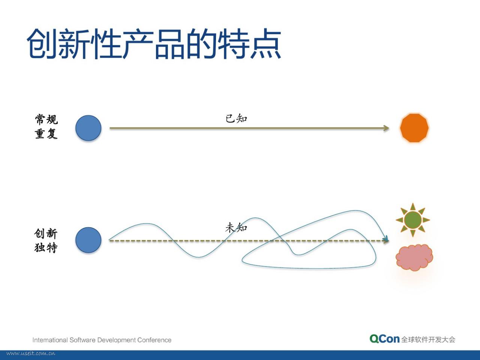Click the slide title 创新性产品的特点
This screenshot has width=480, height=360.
tap(154, 44)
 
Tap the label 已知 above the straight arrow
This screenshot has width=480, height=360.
tap(236, 118)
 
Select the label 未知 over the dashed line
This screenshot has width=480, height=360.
tap(236, 227)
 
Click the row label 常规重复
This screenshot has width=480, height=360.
tap(46, 126)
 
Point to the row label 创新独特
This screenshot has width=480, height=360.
tap(46, 240)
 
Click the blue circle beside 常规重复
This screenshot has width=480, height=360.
tap(88, 128)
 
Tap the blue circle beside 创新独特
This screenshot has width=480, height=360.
tap(88, 240)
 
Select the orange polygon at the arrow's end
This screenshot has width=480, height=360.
tap(414, 128)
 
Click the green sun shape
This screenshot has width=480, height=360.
tap(413, 220)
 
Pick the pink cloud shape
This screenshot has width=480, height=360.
tap(414, 258)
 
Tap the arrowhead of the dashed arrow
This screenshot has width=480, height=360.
tap(386, 240)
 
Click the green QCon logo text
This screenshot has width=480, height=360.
tap(385, 339)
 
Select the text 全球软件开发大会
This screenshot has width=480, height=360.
tap(428, 339)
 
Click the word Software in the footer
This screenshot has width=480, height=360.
tap(82, 340)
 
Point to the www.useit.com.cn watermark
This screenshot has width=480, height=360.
tap(31, 354)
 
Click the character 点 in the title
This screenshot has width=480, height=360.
tap(265, 44)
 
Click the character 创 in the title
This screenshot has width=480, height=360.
tap(42, 44)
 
